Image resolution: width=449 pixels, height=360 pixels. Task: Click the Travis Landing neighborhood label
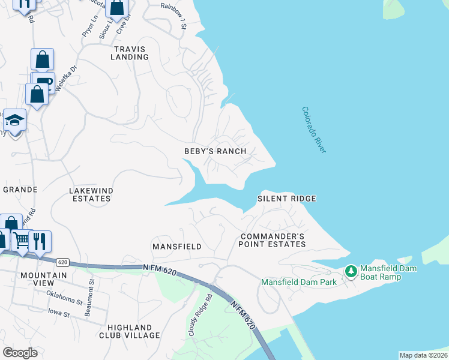(130, 52)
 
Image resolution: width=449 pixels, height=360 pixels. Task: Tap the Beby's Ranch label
(215, 151)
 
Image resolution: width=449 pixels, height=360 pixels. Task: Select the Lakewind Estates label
(91, 194)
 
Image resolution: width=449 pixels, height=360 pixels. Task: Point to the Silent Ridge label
(286, 198)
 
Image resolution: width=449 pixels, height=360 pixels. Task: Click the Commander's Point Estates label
(272, 240)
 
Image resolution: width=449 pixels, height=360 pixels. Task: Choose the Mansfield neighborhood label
(176, 247)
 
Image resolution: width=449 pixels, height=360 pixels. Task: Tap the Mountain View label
(43, 279)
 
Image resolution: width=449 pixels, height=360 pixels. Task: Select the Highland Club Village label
(134, 331)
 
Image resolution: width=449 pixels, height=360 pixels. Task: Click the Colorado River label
(313, 130)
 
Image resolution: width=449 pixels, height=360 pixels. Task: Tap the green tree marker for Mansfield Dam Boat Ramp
(351, 272)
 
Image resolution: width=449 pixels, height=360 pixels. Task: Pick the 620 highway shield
(62, 262)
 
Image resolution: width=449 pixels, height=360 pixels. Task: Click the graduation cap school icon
(15, 120)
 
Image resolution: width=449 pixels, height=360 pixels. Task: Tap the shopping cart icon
(22, 241)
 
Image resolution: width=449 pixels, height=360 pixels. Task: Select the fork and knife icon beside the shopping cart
(40, 241)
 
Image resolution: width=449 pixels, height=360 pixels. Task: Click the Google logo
(20, 353)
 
